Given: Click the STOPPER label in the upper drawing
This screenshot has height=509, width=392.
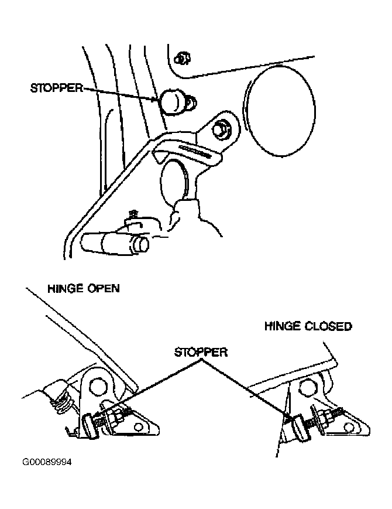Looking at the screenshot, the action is [57, 88].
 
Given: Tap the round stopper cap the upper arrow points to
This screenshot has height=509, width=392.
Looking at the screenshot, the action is [172, 101].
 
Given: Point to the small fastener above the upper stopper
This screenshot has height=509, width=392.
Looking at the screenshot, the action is [182, 59].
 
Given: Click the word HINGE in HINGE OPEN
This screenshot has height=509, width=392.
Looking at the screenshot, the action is [64, 288].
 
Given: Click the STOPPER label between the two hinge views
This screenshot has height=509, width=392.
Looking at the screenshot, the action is [201, 352].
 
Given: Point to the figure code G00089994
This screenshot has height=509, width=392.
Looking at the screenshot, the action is [47, 462].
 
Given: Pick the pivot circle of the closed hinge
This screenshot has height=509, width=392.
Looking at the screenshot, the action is [307, 387].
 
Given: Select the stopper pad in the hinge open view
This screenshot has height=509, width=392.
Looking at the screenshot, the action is [89, 425].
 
